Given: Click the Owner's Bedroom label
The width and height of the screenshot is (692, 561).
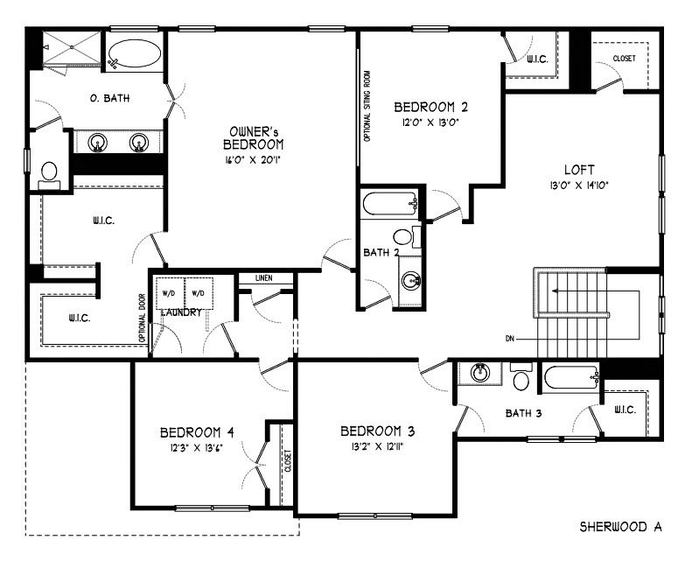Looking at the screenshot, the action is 254,137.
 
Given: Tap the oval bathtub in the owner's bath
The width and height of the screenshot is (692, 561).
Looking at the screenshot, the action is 134,53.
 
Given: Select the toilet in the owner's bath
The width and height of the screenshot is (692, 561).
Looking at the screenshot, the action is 49,175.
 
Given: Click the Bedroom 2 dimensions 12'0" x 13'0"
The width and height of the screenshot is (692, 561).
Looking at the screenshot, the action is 430,123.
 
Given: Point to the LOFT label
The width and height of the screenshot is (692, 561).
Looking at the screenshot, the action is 579,170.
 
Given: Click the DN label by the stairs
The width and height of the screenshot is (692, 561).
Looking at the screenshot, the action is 510,339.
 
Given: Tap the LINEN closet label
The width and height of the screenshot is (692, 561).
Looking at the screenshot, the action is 264,278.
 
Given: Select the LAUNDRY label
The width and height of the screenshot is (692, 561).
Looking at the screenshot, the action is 181,312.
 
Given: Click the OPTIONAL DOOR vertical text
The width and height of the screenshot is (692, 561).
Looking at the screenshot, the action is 142,319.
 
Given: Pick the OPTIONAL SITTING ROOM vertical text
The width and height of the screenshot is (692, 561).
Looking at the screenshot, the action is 367,106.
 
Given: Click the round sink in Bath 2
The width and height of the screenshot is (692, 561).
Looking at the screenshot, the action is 411,281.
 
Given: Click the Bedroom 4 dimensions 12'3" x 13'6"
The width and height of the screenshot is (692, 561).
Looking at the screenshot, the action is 196,448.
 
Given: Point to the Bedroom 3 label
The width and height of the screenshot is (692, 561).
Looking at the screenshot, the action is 378,431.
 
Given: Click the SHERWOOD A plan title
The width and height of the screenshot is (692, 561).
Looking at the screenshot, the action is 620,527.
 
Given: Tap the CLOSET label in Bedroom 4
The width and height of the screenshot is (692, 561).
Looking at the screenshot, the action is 288,461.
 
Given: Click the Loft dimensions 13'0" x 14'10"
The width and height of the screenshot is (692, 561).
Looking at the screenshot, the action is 579,186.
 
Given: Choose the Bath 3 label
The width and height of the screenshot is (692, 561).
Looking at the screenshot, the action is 523,414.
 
